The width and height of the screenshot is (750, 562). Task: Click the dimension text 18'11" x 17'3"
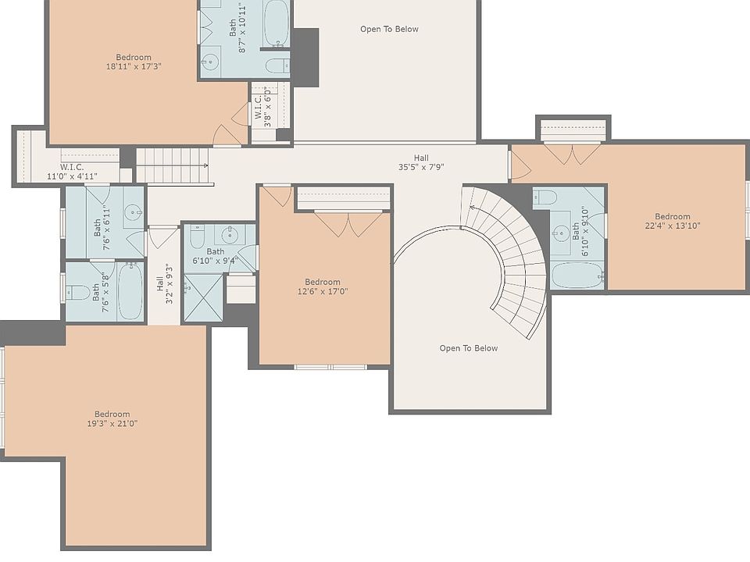pos(134,66)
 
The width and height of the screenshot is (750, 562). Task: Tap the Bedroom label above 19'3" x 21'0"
pos(112,414)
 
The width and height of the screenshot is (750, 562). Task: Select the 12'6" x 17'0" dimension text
pos(323,291)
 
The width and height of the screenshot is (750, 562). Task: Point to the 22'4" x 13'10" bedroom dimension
pos(673,226)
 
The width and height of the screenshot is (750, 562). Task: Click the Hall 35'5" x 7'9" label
pos(421,162)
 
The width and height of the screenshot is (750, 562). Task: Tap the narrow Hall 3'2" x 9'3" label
pos(165,284)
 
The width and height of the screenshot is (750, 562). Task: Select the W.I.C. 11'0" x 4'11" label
pos(72,172)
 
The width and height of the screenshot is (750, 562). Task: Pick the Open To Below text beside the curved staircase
pos(469,348)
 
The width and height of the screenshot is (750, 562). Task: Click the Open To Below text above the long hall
pos(389,29)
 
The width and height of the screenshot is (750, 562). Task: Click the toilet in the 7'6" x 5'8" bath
pos(77,291)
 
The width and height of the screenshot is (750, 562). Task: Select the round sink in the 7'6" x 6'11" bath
pos(134,212)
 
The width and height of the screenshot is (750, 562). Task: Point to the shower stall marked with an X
pos(203,297)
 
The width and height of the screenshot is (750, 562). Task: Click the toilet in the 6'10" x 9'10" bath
pos(545,197)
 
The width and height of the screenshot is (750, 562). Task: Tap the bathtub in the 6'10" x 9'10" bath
pos(577,276)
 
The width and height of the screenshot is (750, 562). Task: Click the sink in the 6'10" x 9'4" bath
pos(230,235)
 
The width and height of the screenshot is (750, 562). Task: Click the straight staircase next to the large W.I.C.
pos(173,165)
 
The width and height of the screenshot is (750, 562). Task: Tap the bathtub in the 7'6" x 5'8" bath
pos(130,291)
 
